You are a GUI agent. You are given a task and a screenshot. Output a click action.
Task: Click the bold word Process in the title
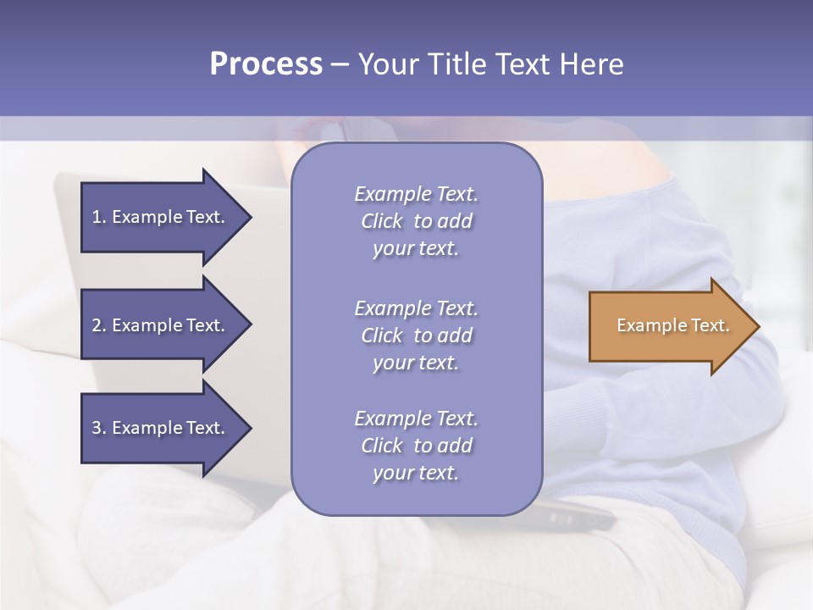tap(266, 64)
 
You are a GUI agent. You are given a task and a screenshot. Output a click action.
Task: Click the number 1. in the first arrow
tap(99, 217)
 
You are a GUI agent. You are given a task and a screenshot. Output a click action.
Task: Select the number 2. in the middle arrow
tap(99, 325)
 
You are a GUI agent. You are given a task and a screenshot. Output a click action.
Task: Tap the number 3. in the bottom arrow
tap(99, 428)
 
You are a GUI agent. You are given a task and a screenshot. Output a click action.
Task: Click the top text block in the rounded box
tap(416, 221)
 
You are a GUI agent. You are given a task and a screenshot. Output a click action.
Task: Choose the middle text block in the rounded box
tap(416, 335)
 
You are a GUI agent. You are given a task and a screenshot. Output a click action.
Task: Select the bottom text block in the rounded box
tap(416, 446)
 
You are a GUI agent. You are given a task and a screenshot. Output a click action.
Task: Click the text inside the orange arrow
tap(672, 325)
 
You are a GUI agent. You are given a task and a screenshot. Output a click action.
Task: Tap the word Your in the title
tap(384, 64)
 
